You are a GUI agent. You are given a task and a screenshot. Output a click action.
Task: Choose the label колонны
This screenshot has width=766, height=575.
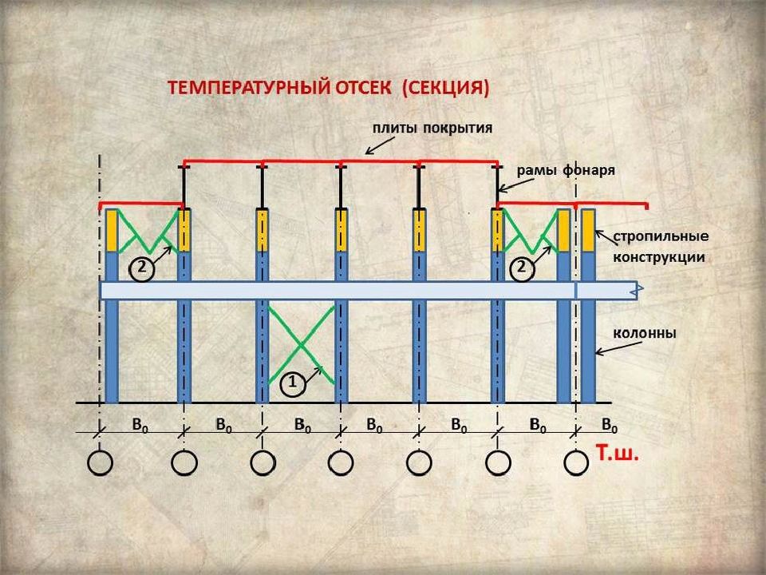coord(644,333)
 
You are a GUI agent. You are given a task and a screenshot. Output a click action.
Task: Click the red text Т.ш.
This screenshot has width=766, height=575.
coord(618,455)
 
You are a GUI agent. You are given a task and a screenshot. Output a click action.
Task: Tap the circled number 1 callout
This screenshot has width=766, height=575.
coord(293,384)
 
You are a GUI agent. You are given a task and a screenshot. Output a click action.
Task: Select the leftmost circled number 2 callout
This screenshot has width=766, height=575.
coord(140,269)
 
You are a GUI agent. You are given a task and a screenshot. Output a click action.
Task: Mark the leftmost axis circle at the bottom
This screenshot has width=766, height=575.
coord(101,462)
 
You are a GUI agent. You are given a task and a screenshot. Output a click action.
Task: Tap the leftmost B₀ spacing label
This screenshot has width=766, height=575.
coord(140,425)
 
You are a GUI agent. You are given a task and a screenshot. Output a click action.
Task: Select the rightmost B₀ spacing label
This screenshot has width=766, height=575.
coord(610,425)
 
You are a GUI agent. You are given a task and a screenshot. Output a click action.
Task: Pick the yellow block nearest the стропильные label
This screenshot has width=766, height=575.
coord(588,230)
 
